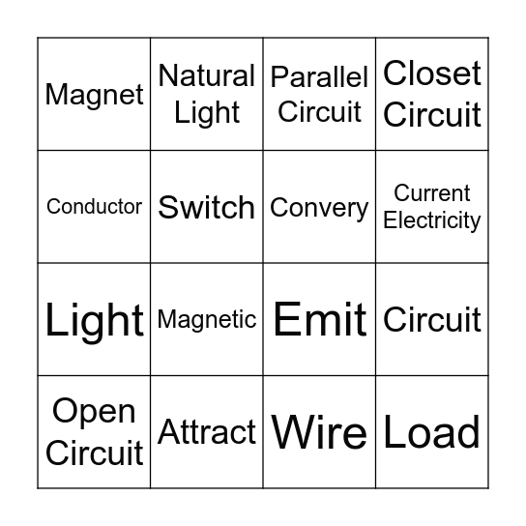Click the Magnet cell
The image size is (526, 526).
coord(95,95)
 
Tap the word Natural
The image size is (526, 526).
coord(207,75)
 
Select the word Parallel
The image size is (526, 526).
coord(319,77)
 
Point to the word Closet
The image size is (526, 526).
coord(432,73)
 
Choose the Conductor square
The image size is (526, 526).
coord(95,207)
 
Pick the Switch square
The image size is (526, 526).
coord(207,207)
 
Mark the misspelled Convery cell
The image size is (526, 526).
coord(319,207)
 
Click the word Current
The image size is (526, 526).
coord(432,193)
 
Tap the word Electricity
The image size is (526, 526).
coord(432,220)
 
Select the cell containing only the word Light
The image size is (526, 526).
coord(95,320)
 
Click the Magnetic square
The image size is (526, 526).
coord(207,320)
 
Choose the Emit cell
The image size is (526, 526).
coord(319,320)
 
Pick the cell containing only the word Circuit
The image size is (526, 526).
coord(432,320)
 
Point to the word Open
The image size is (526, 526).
coord(95,412)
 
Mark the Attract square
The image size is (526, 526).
coord(207,431)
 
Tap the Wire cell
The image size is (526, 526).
coord(319,432)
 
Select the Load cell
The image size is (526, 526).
coord(432,432)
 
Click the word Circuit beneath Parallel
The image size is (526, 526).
coord(319,112)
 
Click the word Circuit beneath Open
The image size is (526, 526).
coord(95,453)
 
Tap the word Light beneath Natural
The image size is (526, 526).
coord(207,113)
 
